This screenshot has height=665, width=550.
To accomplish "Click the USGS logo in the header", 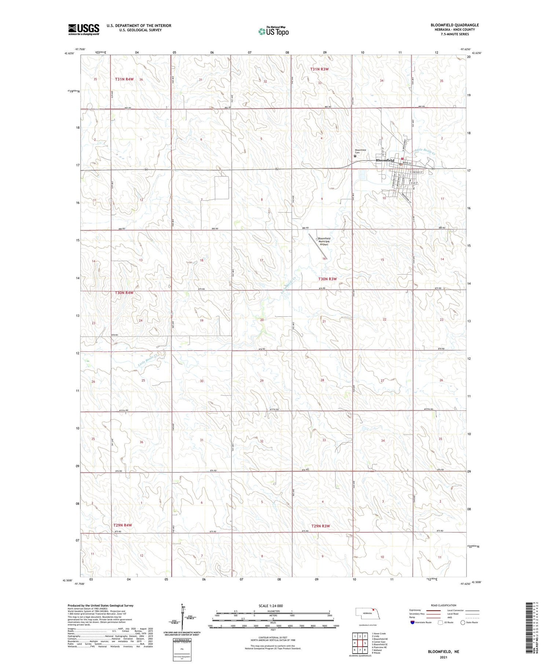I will coord(84,29).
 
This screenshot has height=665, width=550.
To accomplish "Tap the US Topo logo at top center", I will coord(273,31).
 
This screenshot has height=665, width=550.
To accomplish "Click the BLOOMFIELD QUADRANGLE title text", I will coord(455,25).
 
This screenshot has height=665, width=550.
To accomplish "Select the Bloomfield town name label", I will coord(385,160).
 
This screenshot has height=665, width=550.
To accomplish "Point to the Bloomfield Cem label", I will coord(360,151).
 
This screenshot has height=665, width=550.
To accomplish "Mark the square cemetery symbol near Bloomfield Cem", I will coord(355,156).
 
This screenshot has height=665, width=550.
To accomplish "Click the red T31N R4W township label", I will coord(124,79).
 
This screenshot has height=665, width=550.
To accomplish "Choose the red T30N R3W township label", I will coord(327,279).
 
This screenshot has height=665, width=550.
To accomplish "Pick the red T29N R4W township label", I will coord(123,525).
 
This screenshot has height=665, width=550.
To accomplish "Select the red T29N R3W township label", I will coord(320,526).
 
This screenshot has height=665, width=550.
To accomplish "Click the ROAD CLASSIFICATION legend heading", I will coord(444,605).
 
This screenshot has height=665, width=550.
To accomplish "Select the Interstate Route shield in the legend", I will coord(412,622).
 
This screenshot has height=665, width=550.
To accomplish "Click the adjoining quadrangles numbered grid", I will coord(360,643).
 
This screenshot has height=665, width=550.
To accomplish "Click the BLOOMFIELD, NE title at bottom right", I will coord(443,652).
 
